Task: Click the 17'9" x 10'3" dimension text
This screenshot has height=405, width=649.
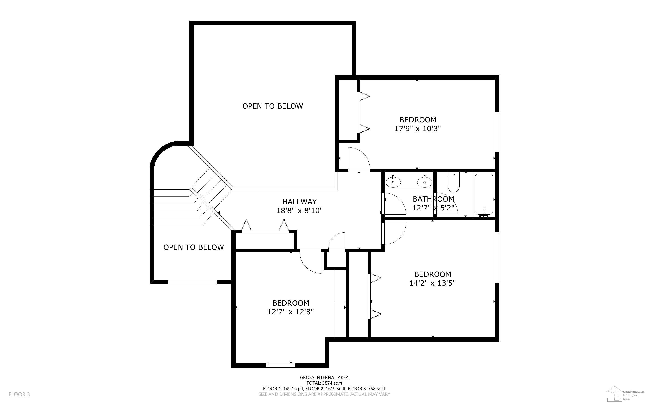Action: (x=418, y=129)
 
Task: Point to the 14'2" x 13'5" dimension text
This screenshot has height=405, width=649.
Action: (x=432, y=283)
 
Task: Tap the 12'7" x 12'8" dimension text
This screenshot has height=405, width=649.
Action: (x=291, y=312)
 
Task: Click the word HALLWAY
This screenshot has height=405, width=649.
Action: (x=299, y=202)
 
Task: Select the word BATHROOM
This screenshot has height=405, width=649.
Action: (x=433, y=199)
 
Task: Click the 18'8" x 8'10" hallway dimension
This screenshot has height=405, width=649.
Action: (x=299, y=211)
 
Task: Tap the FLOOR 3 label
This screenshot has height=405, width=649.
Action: (x=19, y=394)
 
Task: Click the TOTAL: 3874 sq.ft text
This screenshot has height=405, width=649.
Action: (x=324, y=383)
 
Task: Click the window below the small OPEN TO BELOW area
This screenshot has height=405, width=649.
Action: (x=192, y=282)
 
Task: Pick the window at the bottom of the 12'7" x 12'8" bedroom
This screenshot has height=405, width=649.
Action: (x=280, y=365)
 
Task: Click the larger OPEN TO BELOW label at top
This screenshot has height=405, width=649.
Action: (x=273, y=106)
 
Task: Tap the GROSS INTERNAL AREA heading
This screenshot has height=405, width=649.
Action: (x=324, y=377)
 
